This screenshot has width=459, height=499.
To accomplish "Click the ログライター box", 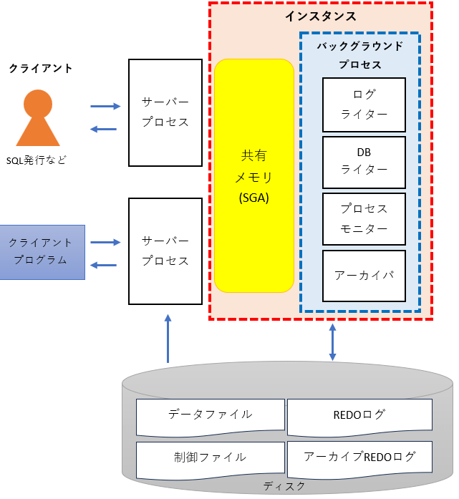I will click(x=364, y=105).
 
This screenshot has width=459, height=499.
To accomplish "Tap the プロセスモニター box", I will click(x=364, y=218).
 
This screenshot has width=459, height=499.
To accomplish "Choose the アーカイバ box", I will click(x=364, y=276).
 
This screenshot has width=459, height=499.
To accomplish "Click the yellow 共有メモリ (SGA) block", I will click(x=254, y=176).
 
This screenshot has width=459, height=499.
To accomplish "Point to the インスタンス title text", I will click(x=320, y=16).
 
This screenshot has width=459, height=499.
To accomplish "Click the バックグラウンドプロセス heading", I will click(x=359, y=55).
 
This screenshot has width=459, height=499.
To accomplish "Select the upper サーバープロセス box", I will click(x=165, y=112).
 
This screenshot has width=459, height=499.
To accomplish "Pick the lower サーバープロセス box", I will click(x=165, y=251).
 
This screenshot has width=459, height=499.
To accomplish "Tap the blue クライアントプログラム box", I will click(x=42, y=251).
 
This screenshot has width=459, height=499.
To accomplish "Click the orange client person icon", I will click(x=37, y=119).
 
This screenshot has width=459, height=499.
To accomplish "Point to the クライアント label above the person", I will click(x=41, y=69).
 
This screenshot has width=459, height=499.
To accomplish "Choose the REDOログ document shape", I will click(x=359, y=416).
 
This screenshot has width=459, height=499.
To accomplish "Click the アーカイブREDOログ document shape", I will click(x=359, y=458).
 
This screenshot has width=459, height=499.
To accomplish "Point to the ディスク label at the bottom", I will click(x=284, y=486).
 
